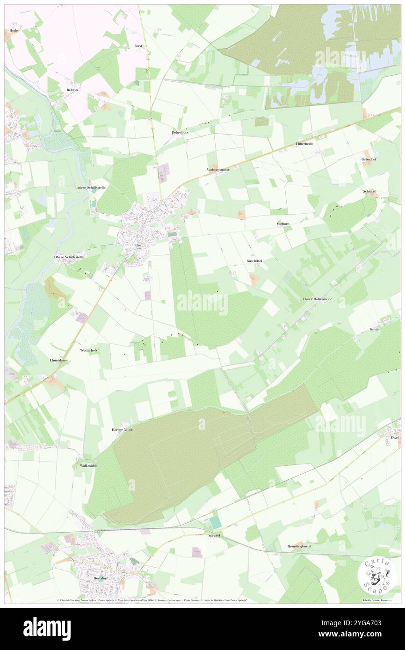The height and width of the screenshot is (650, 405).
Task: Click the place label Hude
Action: [x=14, y=30]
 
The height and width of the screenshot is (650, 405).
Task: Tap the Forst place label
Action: [x=138, y=46]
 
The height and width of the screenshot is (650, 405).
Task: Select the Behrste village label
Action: [x=72, y=90]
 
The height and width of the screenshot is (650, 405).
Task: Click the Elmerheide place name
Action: [x=304, y=144]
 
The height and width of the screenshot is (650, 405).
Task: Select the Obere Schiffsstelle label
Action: [x=69, y=257]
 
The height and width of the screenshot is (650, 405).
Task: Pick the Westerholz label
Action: [x=88, y=350]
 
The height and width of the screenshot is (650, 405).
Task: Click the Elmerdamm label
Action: [x=59, y=361]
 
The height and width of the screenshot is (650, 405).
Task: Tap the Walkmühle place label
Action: [x=88, y=466]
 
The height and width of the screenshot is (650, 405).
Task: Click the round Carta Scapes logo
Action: [x=377, y=576]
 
